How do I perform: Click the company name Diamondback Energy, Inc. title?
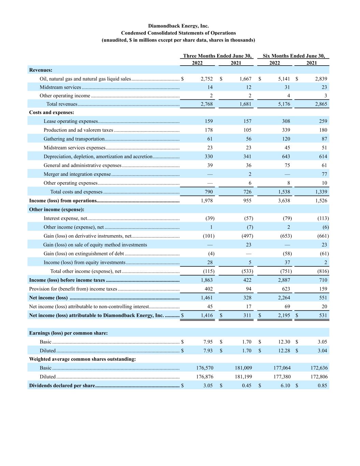click(x=178, y=26)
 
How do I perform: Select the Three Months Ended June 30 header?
click(x=217, y=56)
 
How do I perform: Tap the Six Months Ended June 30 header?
click(x=293, y=56)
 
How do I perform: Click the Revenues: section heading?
click(x=41, y=70)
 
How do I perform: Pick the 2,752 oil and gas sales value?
click(x=206, y=79)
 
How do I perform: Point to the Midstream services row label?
click(x=60, y=87)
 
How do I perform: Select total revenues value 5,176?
click(x=284, y=104)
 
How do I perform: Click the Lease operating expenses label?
click(x=71, y=121)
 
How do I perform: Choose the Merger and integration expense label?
click(x=77, y=174)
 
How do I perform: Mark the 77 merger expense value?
click(x=324, y=174)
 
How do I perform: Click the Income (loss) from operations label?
click(x=63, y=201)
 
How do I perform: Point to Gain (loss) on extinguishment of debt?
click(x=84, y=254)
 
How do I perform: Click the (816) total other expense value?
click(x=323, y=271)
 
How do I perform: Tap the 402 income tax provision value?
click(x=208, y=289)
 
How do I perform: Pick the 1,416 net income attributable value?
click(x=206, y=315)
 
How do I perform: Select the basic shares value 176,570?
click(x=205, y=368)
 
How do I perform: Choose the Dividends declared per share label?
click(x=62, y=386)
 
